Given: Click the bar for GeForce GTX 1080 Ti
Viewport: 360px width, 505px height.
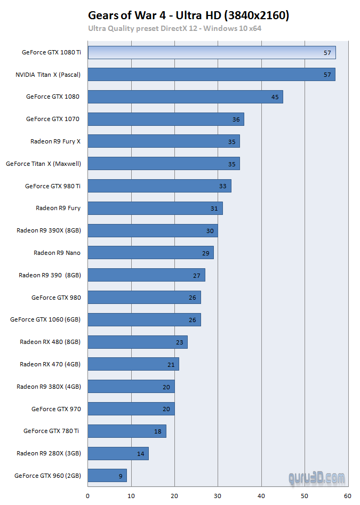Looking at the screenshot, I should click(x=211, y=52).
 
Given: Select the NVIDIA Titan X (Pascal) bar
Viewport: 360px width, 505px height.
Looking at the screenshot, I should click(x=211, y=75).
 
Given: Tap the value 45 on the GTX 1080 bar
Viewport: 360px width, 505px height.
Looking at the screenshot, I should click(x=275, y=97).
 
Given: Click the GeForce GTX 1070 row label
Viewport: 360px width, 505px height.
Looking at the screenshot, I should click(x=53, y=119).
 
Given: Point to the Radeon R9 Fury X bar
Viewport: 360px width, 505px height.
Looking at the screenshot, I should click(x=164, y=142).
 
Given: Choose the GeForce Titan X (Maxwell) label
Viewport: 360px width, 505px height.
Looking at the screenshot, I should click(x=43, y=164).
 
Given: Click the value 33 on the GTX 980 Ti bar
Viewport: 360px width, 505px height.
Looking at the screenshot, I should click(x=223, y=186).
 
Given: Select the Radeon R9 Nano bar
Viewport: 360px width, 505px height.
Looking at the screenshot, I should click(x=150, y=253).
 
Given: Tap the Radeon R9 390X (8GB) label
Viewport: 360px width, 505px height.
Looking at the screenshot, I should click(x=49, y=231).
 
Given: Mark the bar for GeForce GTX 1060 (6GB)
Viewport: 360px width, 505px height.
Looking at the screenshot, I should click(x=144, y=320).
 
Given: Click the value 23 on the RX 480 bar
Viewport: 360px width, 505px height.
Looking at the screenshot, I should click(x=180, y=342).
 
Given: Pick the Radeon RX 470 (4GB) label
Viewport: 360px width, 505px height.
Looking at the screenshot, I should click(x=50, y=364).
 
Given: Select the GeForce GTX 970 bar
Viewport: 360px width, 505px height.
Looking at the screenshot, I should click(x=131, y=409).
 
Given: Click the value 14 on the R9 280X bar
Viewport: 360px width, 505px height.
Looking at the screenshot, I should click(x=141, y=454).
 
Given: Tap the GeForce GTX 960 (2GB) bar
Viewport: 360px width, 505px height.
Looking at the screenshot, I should click(x=107, y=476).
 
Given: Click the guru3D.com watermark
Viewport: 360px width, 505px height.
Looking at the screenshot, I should click(x=316, y=478).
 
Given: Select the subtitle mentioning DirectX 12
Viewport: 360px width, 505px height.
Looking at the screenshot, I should click(x=174, y=28).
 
